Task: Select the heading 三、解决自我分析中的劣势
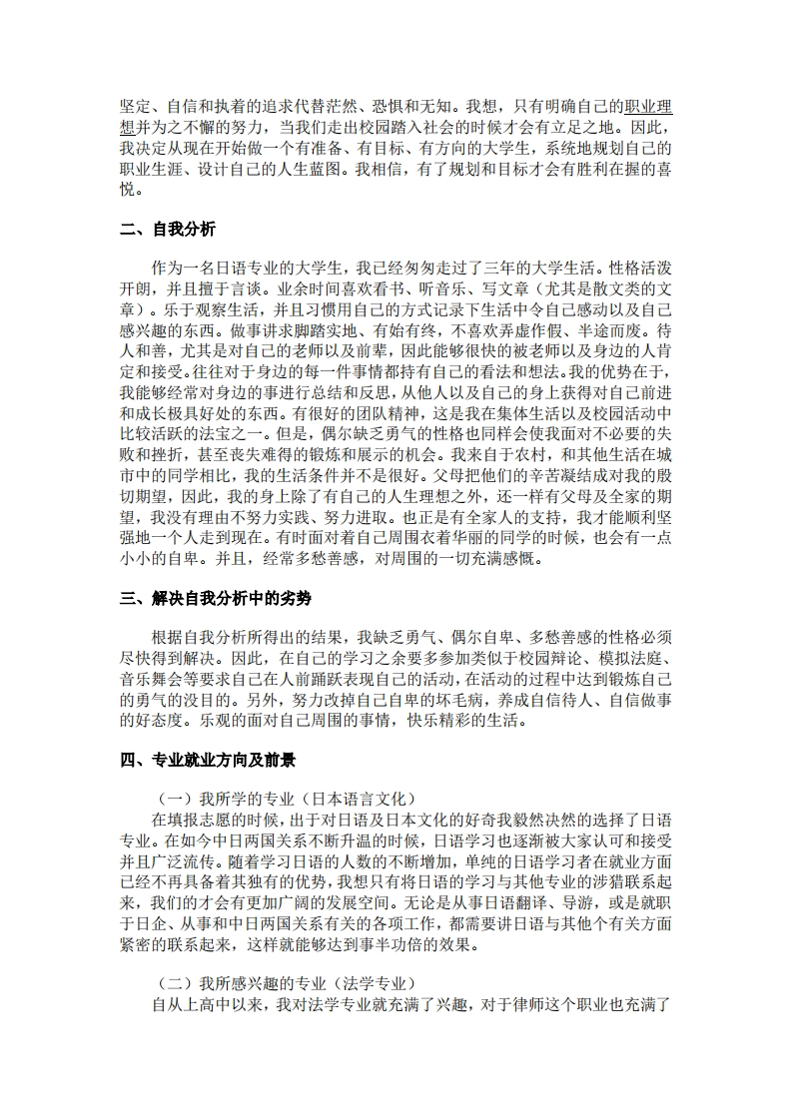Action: pyautogui.click(x=216, y=599)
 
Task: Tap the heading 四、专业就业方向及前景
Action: pyautogui.click(x=208, y=761)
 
